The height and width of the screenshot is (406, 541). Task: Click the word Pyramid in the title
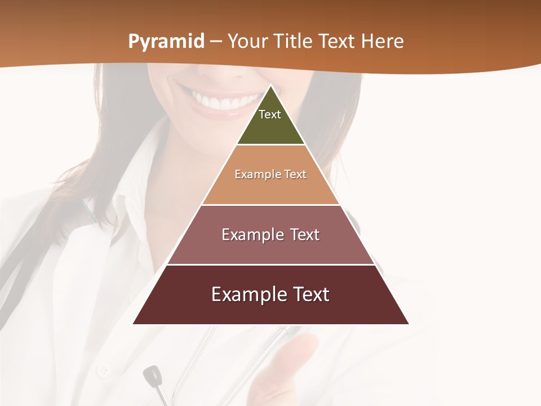[x=166, y=42]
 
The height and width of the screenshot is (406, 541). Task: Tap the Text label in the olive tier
[x=270, y=114]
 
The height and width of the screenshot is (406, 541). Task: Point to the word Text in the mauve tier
[x=305, y=235]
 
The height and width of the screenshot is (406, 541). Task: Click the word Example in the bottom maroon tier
[x=246, y=294]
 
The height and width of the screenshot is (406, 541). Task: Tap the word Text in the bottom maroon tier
[x=311, y=294]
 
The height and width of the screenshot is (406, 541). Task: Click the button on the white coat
[x=103, y=372]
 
